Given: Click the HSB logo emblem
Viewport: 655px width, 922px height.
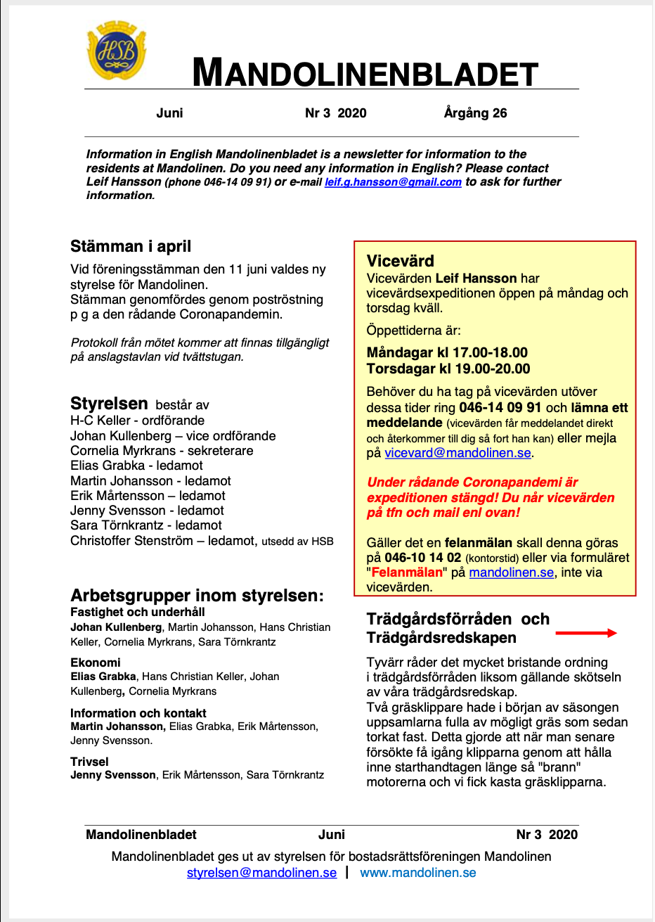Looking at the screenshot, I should click(117, 52).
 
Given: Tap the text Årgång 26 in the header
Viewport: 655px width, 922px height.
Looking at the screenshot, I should click(475, 113).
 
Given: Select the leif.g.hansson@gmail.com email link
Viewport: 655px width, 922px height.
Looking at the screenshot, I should click(393, 182).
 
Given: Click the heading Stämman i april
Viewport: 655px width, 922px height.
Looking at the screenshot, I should click(131, 247).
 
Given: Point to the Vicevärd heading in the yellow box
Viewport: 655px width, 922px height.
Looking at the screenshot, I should click(401, 261).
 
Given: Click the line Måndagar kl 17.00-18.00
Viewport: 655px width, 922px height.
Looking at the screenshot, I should click(447, 353).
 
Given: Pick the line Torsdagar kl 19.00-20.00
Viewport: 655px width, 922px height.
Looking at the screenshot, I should click(448, 369).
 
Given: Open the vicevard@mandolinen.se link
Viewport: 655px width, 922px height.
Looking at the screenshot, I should click(458, 454).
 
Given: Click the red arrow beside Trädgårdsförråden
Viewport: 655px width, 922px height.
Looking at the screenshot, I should click(585, 633).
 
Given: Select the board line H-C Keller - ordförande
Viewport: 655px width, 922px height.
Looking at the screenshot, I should click(138, 421).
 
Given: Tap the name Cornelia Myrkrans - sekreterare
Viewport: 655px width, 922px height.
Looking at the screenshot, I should click(162, 451).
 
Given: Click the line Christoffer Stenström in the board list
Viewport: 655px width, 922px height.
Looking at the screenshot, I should click(162, 541).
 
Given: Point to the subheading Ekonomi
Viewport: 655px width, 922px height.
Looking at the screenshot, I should click(96, 662).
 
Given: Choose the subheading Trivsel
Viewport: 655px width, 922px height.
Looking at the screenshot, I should click(90, 762).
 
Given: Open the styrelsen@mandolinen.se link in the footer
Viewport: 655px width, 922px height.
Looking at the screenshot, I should click(261, 873).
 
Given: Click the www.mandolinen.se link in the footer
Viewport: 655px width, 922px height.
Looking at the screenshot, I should click(417, 873).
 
